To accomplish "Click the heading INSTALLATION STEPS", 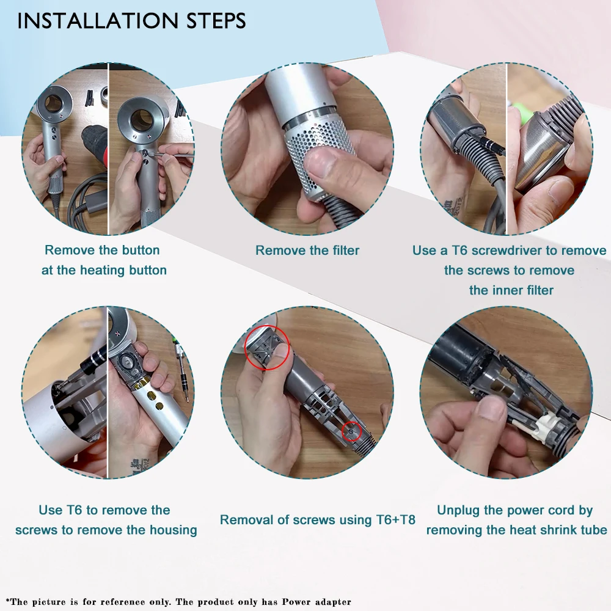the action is pos(132,21).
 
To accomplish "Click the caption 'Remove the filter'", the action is pos(307,250).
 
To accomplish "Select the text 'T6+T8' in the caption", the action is pos(395,520).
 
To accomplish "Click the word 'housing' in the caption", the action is pos(172,530).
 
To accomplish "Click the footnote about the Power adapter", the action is pos(178,602).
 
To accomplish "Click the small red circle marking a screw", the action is pos(351,431).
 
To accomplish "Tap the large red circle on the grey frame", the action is pos(267,348).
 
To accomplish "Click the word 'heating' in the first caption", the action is pos(104,271).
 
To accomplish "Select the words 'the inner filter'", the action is pos(511,290).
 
